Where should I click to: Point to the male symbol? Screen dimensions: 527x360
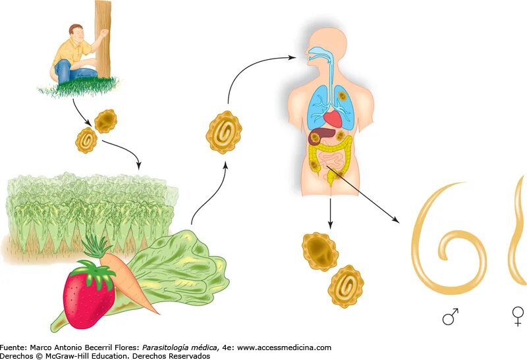pyautogui.click(x=451, y=317)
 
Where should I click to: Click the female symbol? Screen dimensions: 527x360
pyautogui.click(x=518, y=316)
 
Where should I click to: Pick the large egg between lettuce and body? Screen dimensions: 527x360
pyautogui.click(x=224, y=132)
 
